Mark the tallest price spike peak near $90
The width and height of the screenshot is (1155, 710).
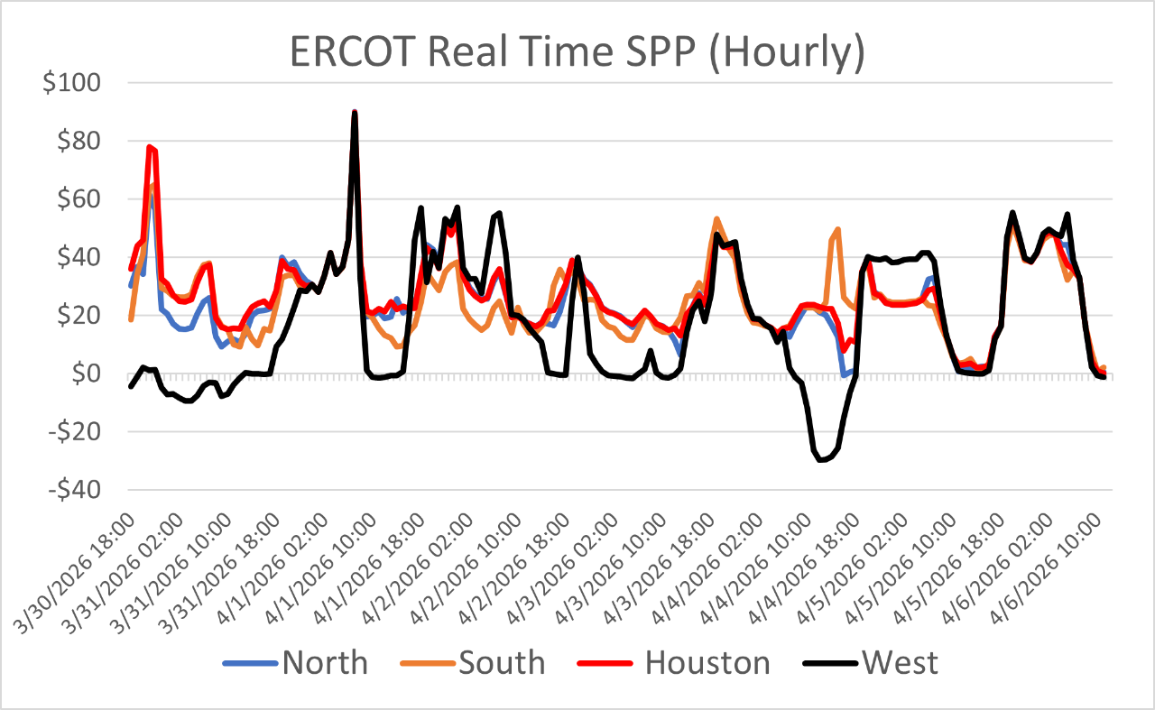coord(355,113)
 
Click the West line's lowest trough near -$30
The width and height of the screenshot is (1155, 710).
coord(821,460)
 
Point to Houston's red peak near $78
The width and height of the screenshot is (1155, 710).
coord(150,147)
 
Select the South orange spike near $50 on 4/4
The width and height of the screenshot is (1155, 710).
coord(837,229)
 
